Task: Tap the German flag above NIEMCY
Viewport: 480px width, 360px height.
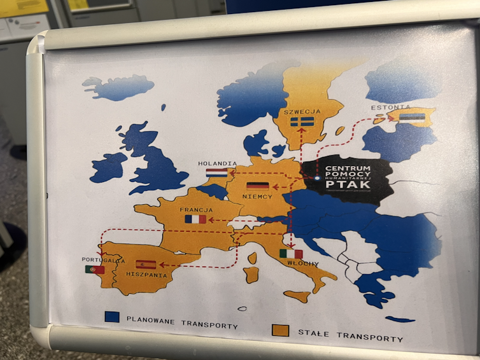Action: (x=258, y=186)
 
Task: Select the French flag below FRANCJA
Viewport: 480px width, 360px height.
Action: (x=195, y=219)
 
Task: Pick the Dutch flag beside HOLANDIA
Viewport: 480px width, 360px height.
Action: (x=216, y=172)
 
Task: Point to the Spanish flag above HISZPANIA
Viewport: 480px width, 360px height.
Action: (x=145, y=265)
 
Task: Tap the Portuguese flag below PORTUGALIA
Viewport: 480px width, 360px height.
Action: (x=95, y=270)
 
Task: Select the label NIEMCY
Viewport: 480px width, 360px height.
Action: (x=257, y=197)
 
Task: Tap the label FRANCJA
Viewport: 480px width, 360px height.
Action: (x=196, y=209)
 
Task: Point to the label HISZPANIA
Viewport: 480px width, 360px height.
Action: (x=147, y=275)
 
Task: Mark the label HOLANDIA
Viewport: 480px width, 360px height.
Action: (x=217, y=163)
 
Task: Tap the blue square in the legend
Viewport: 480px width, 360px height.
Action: (x=113, y=315)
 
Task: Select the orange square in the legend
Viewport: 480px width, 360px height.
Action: (x=279, y=329)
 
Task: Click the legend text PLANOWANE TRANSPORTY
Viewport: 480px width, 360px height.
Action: (x=181, y=321)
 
